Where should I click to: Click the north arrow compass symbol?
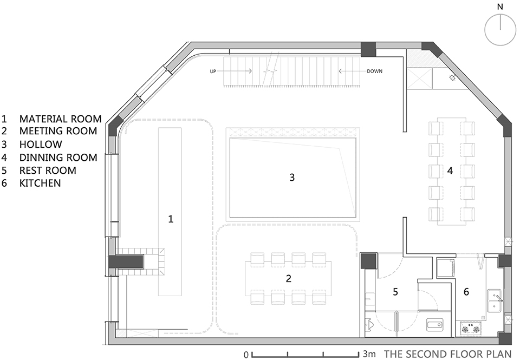coord(500,29)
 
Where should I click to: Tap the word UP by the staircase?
coord(213,71)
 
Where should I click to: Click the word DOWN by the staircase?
coord(374,71)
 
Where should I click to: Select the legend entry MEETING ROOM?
coord(58,131)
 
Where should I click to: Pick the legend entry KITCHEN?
coord(40,184)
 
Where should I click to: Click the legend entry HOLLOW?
coord(41,144)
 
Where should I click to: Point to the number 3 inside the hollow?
coord(292,178)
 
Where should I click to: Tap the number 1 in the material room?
coord(171,219)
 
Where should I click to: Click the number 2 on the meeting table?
coord(289,278)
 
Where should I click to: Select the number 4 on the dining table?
coord(450,171)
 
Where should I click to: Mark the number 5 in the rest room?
coord(395,292)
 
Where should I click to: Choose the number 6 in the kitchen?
coord(466,292)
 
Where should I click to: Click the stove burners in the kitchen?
coord(471,329)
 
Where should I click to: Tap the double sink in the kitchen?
coord(494,300)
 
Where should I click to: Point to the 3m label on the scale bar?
coord(369,354)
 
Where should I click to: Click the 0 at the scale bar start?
coord(246,355)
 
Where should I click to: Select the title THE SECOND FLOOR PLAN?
coord(448,354)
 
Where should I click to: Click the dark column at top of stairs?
coord(368,49)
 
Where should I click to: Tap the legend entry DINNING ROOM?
coord(58,158)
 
